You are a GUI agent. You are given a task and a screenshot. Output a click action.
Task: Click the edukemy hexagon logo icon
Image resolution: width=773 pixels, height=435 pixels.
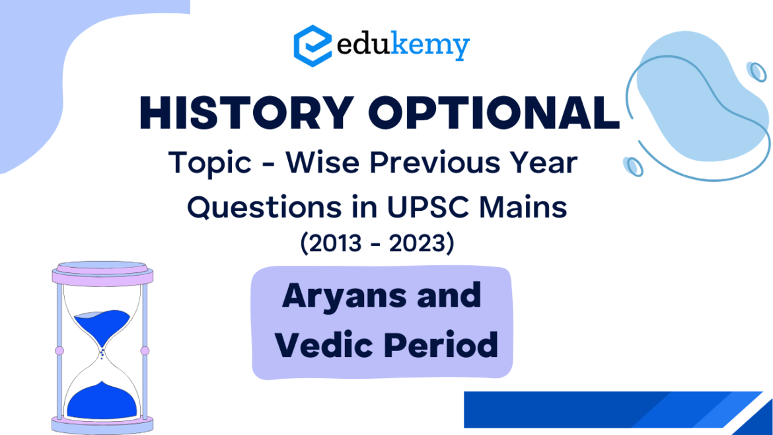point(312,45)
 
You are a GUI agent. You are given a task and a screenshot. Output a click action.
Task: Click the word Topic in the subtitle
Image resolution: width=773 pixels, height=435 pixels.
point(203,162)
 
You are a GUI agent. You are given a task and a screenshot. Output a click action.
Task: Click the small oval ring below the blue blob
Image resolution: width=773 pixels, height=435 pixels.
point(634,165)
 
